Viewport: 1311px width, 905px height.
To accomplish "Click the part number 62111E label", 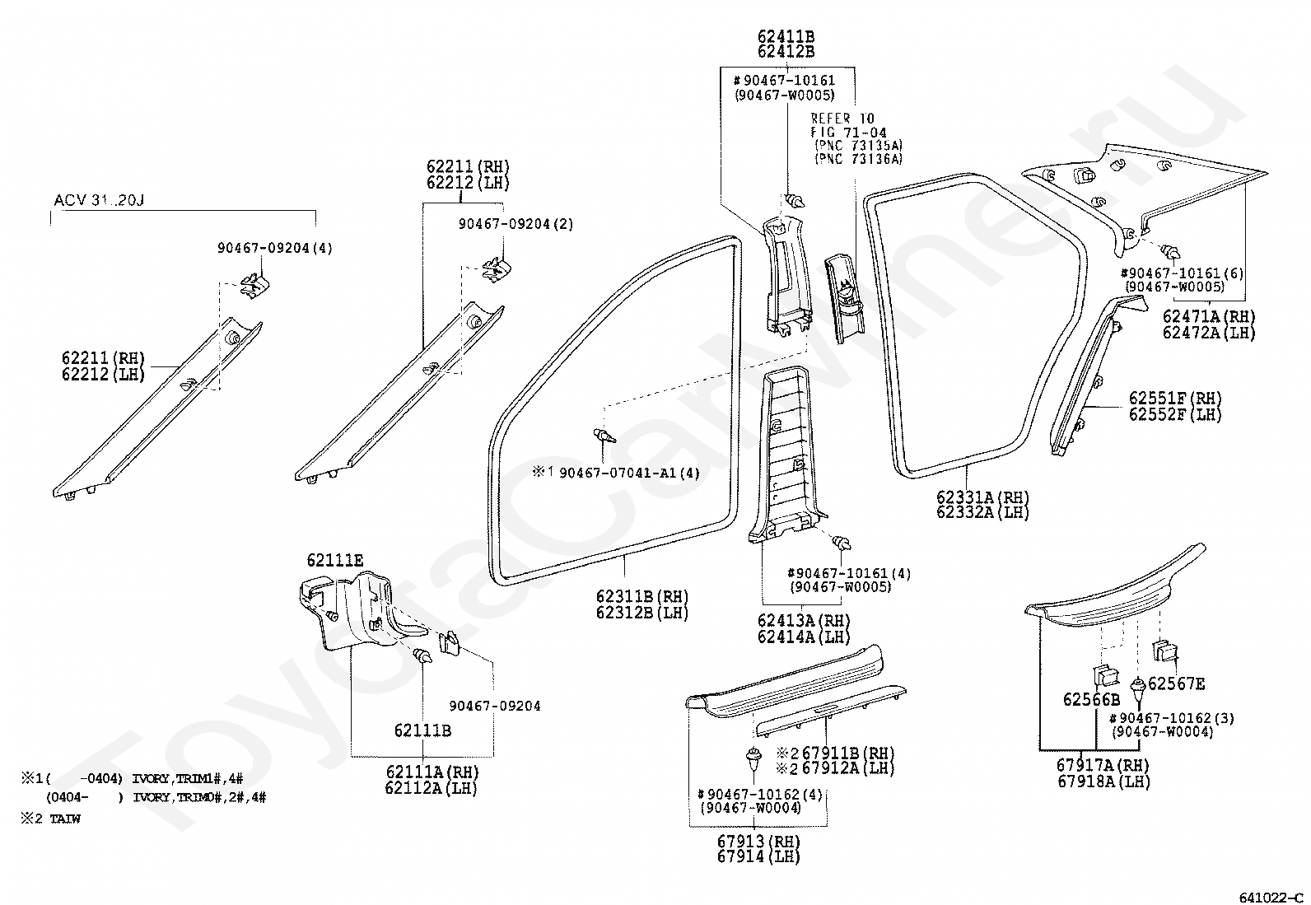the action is pyautogui.click(x=335, y=560).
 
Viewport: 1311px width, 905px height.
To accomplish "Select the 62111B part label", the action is pyautogui.click(x=422, y=730).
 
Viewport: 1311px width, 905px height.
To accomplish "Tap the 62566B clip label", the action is pyautogui.click(x=1091, y=699).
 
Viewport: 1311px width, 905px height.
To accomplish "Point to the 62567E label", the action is pyautogui.click(x=1177, y=683).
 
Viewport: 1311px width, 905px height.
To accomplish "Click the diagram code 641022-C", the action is pyautogui.click(x=1271, y=898).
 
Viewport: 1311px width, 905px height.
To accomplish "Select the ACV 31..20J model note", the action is pyautogui.click(x=99, y=200).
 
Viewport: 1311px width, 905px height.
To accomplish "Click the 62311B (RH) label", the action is pyautogui.click(x=642, y=596).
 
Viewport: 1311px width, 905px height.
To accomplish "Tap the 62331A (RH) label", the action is pyautogui.click(x=982, y=497).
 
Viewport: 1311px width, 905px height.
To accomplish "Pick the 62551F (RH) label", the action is pyautogui.click(x=1176, y=398).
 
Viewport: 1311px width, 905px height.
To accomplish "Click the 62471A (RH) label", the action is pyautogui.click(x=1209, y=317).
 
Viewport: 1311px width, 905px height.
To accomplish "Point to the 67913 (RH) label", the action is pyautogui.click(x=758, y=842).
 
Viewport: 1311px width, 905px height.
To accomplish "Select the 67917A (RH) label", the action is pyautogui.click(x=1103, y=765).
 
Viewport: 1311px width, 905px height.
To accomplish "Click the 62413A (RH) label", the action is pyautogui.click(x=804, y=621).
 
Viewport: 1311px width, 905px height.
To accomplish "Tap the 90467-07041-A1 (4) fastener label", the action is pyautogui.click(x=629, y=473).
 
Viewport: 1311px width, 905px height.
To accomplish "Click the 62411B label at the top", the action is pyautogui.click(x=786, y=37).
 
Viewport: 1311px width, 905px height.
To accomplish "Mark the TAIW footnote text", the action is pyautogui.click(x=65, y=819).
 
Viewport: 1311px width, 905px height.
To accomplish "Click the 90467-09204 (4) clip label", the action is pyautogui.click(x=275, y=248).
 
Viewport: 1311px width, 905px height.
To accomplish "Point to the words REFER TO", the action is pyautogui.click(x=842, y=119).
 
